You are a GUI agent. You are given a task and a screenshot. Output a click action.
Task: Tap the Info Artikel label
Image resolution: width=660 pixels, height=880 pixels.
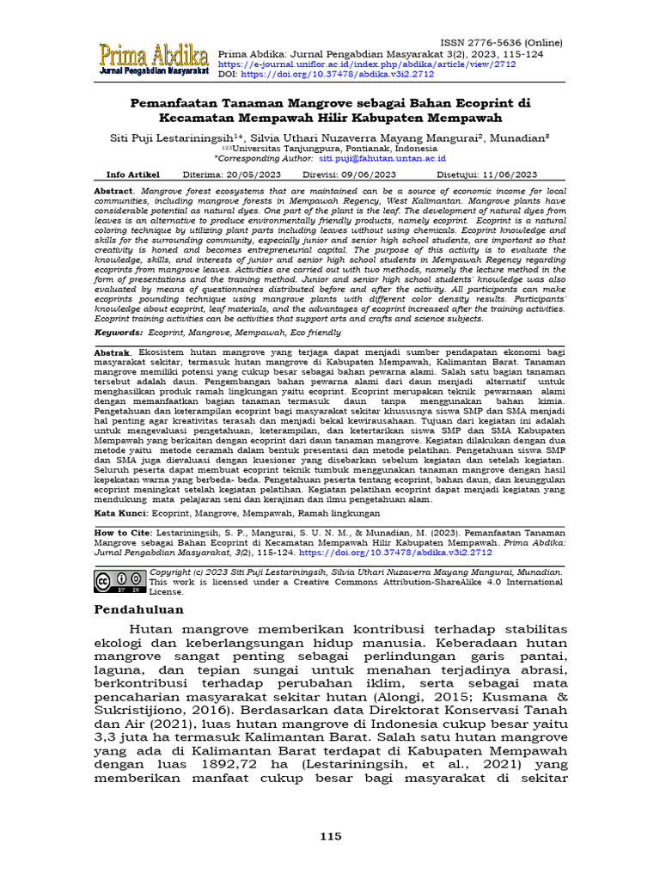pos(132,174)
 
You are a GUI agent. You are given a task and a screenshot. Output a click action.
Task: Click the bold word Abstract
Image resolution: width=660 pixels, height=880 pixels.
pos(113,189)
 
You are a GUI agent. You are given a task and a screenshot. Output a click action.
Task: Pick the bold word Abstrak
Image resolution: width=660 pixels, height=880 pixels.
pos(113,352)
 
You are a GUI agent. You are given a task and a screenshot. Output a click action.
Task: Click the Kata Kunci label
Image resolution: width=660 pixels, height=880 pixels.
pos(121,513)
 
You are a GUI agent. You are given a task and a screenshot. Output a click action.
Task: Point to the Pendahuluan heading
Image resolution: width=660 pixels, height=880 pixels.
pos(138,610)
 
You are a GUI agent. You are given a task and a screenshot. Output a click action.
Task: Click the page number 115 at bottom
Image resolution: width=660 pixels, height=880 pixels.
pos(330,836)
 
